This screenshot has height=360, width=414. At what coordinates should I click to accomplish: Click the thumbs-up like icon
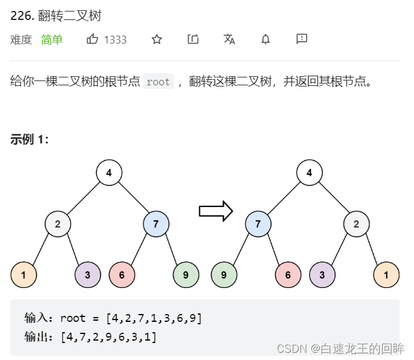(92, 39)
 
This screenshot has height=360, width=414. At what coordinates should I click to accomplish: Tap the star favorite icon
(157, 39)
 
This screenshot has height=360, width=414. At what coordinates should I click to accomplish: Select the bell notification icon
(265, 39)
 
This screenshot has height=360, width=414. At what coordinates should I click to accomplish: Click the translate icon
(229, 39)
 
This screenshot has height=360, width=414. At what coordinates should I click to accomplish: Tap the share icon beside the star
(193, 39)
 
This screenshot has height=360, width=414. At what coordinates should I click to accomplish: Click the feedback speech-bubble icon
(302, 39)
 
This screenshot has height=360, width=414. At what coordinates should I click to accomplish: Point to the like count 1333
(115, 40)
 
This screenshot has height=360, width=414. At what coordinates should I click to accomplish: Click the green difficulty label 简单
(52, 40)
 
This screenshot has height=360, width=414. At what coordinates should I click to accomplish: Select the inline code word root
(158, 82)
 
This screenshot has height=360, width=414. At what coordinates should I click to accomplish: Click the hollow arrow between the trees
(216, 211)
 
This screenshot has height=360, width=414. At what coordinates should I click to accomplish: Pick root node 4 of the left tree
(109, 173)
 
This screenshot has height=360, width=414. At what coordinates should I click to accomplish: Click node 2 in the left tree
(57, 224)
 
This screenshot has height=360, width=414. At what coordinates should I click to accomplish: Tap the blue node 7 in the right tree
(258, 224)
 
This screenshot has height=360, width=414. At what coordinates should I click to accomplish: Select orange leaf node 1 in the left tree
(24, 275)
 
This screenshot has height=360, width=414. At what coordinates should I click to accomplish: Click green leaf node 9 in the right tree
(224, 275)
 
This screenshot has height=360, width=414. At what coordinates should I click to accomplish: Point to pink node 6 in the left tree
(122, 275)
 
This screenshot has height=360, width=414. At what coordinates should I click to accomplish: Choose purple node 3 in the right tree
(322, 275)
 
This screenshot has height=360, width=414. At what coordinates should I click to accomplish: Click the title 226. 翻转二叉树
(56, 16)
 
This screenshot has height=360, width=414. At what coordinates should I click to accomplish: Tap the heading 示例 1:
(30, 139)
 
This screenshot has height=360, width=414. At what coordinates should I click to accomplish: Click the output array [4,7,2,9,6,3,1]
(109, 337)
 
